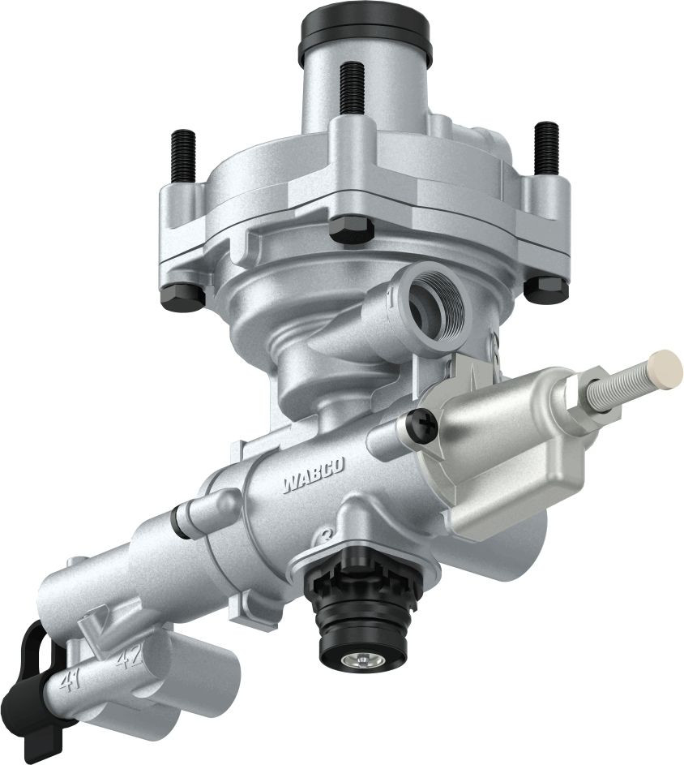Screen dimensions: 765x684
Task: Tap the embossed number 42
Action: [126, 659]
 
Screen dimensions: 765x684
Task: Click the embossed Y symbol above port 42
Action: [97, 627]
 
